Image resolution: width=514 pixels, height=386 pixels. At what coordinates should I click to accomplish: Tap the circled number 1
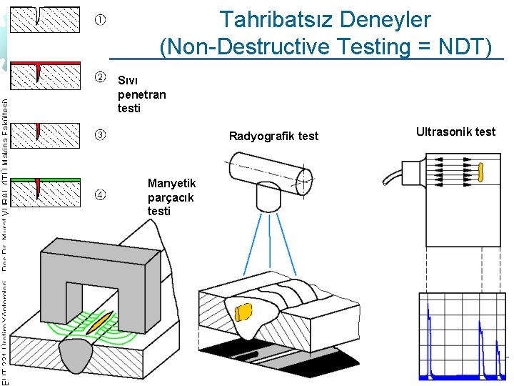(x=101, y=20)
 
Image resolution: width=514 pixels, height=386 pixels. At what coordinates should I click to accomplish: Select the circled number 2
(x=101, y=76)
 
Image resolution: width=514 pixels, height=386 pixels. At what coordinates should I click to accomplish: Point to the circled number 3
(x=101, y=134)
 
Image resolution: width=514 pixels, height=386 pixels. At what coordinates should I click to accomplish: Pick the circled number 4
(x=101, y=193)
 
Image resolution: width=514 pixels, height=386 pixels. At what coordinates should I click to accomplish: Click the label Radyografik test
(x=273, y=137)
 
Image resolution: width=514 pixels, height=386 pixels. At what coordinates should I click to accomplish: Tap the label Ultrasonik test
(x=455, y=132)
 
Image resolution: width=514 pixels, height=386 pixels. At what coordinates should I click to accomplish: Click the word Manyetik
(x=171, y=184)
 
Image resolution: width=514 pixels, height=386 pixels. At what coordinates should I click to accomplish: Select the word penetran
(x=141, y=94)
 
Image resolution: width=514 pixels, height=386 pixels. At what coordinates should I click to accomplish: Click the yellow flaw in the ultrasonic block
(x=481, y=172)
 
